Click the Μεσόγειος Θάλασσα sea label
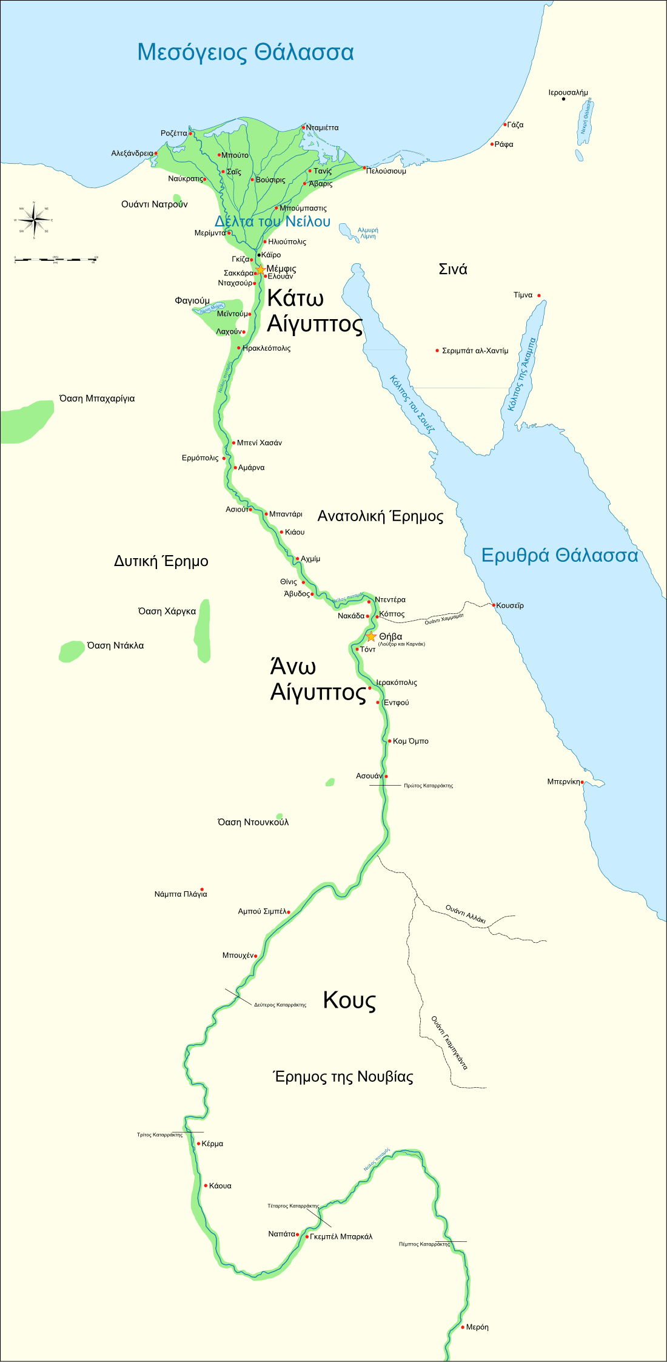pos(246,52)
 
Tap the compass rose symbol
pos(34,220)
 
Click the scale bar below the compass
pos(55,260)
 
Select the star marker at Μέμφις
pos(260,269)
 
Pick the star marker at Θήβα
pos(371,636)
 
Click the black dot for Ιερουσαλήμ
pos(564,99)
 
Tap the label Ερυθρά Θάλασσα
pos(559,555)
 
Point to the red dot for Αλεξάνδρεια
pos(156,153)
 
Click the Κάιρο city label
pos(271,255)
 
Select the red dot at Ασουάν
pos(386,776)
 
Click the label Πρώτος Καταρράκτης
pos(428,786)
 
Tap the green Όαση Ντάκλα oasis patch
pos(72,651)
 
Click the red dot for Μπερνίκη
pos(583,782)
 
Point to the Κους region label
pos(349,1000)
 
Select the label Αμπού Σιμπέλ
pos(261,911)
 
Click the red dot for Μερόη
pos(463,1327)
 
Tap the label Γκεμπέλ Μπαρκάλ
pos(341,1236)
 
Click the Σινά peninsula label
pos(453,269)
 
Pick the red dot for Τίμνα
pos(538,295)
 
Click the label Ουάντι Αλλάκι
pos(466,914)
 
